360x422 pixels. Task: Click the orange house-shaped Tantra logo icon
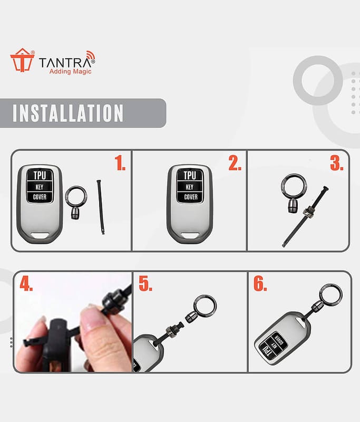click(22, 60)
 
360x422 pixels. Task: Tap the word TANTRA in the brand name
click(65, 63)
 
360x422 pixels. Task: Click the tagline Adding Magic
click(71, 72)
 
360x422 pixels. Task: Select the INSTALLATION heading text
click(68, 113)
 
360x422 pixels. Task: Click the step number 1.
click(120, 162)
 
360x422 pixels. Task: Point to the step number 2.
click(235, 162)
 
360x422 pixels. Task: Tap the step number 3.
click(337, 162)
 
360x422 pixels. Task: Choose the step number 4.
click(26, 283)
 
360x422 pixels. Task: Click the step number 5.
click(145, 283)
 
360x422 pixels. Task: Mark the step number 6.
click(260, 283)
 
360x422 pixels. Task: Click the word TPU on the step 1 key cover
click(40, 175)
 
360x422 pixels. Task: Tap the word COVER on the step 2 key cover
click(191, 197)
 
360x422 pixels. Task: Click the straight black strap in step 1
click(100, 207)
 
